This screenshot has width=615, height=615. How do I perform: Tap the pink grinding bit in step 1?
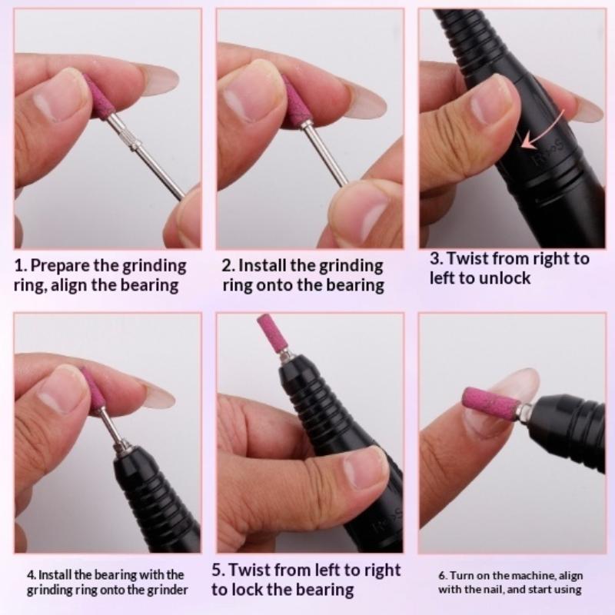tap(98, 97)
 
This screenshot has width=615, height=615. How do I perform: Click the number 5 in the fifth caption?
tap(217, 570)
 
